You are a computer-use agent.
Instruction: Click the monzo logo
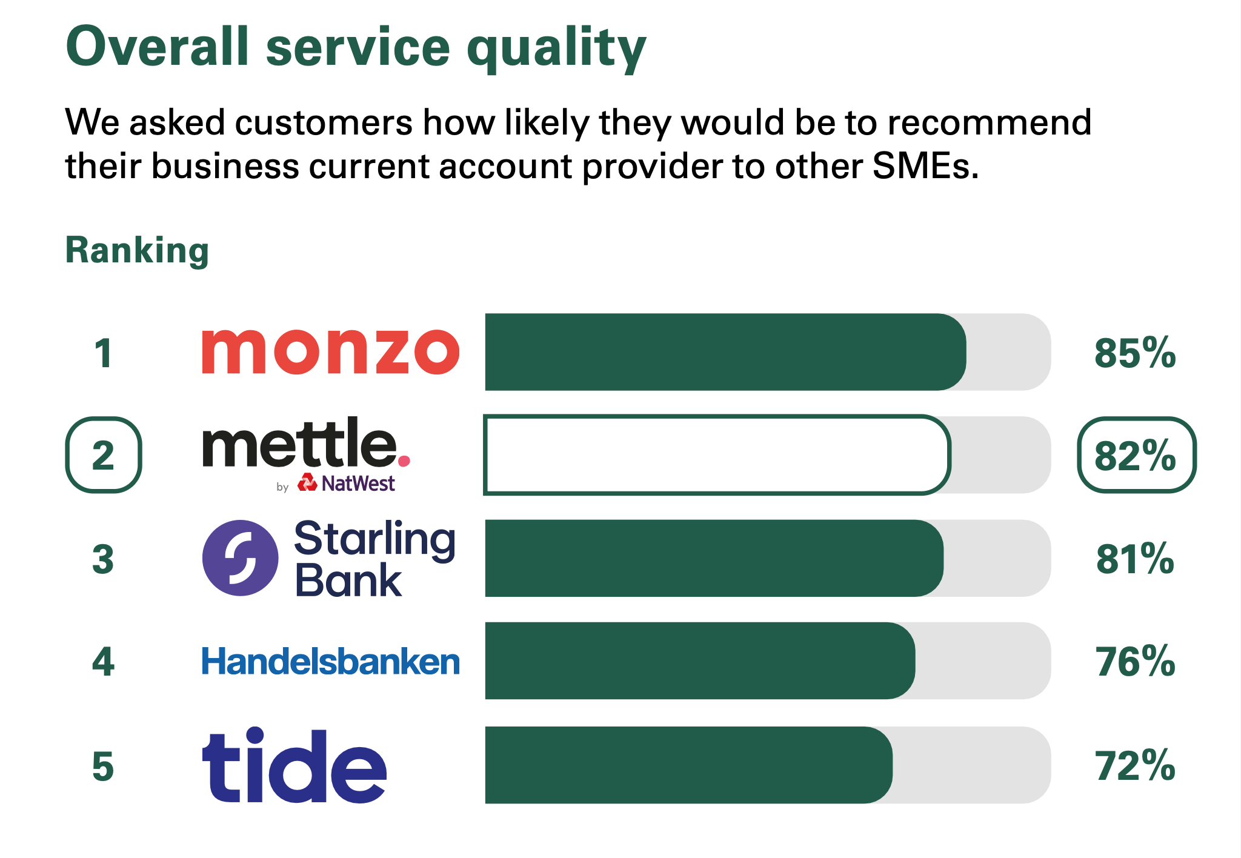[330, 351]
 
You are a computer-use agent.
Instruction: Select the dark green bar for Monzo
[725, 352]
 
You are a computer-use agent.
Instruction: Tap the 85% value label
[1135, 353]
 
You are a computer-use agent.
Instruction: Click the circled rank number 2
[104, 455]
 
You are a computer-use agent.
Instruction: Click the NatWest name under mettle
[358, 484]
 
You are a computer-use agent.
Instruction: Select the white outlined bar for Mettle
[717, 455]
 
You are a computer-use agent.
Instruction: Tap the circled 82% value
[1136, 455]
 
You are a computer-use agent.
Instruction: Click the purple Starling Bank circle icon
[240, 558]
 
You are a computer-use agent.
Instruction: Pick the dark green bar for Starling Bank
[714, 558]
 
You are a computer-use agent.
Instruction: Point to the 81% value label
[1135, 559]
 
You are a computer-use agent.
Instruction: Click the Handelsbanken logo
[331, 661]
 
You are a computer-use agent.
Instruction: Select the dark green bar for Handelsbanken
[700, 661]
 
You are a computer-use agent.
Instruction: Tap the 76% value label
[1135, 662]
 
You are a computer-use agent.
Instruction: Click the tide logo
[294, 765]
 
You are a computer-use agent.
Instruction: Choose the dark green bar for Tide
[689, 765]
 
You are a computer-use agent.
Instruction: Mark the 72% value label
[1135, 766]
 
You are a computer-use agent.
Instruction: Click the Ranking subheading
[137, 251]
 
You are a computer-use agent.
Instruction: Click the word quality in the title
[556, 48]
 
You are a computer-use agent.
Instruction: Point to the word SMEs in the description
[925, 166]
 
